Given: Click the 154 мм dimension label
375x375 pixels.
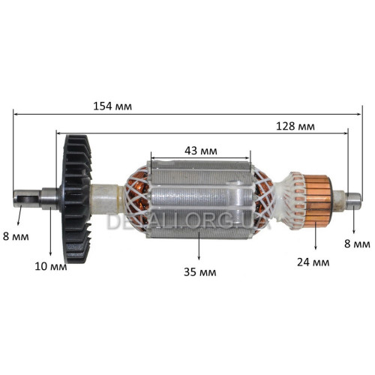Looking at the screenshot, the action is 112,106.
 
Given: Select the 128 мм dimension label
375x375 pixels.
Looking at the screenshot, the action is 295,126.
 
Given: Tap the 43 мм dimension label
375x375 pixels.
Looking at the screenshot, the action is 201,151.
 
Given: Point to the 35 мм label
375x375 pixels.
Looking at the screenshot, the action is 200,272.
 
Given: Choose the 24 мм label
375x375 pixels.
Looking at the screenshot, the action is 313,262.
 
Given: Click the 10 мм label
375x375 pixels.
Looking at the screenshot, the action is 51,266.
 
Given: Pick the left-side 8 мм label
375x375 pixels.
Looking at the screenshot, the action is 16,236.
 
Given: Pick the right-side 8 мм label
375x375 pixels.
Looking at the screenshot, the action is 357,244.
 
